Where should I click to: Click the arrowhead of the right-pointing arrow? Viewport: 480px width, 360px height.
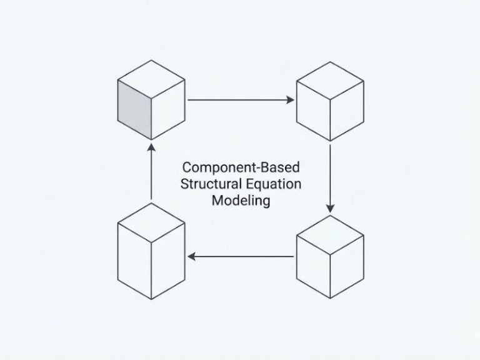click(x=291, y=99)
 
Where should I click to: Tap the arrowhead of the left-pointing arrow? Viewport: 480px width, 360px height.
click(x=191, y=256)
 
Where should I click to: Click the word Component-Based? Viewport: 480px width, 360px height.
click(x=240, y=167)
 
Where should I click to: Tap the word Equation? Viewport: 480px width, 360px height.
click(x=272, y=184)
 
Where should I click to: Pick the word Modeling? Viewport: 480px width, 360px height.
click(x=240, y=201)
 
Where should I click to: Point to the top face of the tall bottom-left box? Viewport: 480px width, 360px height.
click(x=151, y=222)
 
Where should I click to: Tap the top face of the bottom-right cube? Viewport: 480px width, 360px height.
click(x=329, y=232)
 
